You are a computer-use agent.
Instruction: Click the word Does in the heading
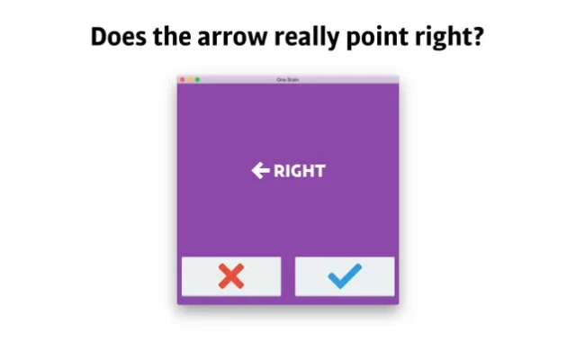tap(118, 37)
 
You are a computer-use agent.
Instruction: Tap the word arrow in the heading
tap(232, 39)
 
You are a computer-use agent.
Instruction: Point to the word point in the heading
tap(377, 38)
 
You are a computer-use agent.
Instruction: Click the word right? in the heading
tap(450, 38)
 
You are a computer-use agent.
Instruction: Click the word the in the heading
tap(172, 37)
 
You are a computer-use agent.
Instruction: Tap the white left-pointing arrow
tap(261, 170)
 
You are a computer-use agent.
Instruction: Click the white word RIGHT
tap(300, 171)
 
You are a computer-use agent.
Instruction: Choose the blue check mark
tap(345, 276)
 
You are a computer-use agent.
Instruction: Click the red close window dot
tap(183, 79)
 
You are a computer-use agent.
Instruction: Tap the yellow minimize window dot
tap(190, 79)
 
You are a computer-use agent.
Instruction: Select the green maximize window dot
tap(197, 79)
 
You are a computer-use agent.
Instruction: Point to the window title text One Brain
tap(288, 79)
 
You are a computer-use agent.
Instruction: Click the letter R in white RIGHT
tap(279, 171)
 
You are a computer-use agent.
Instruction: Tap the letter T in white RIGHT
tap(319, 171)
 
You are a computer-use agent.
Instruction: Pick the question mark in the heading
tap(478, 36)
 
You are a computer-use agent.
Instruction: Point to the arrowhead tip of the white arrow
tap(252, 170)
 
